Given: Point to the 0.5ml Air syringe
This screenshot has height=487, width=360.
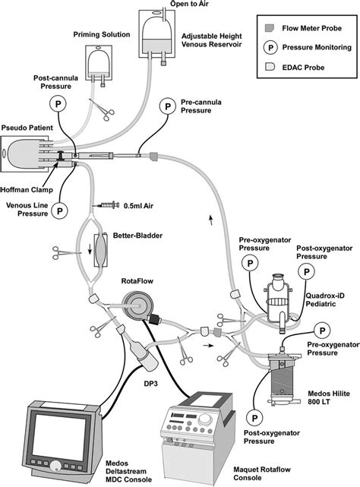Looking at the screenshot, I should (105, 205).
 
